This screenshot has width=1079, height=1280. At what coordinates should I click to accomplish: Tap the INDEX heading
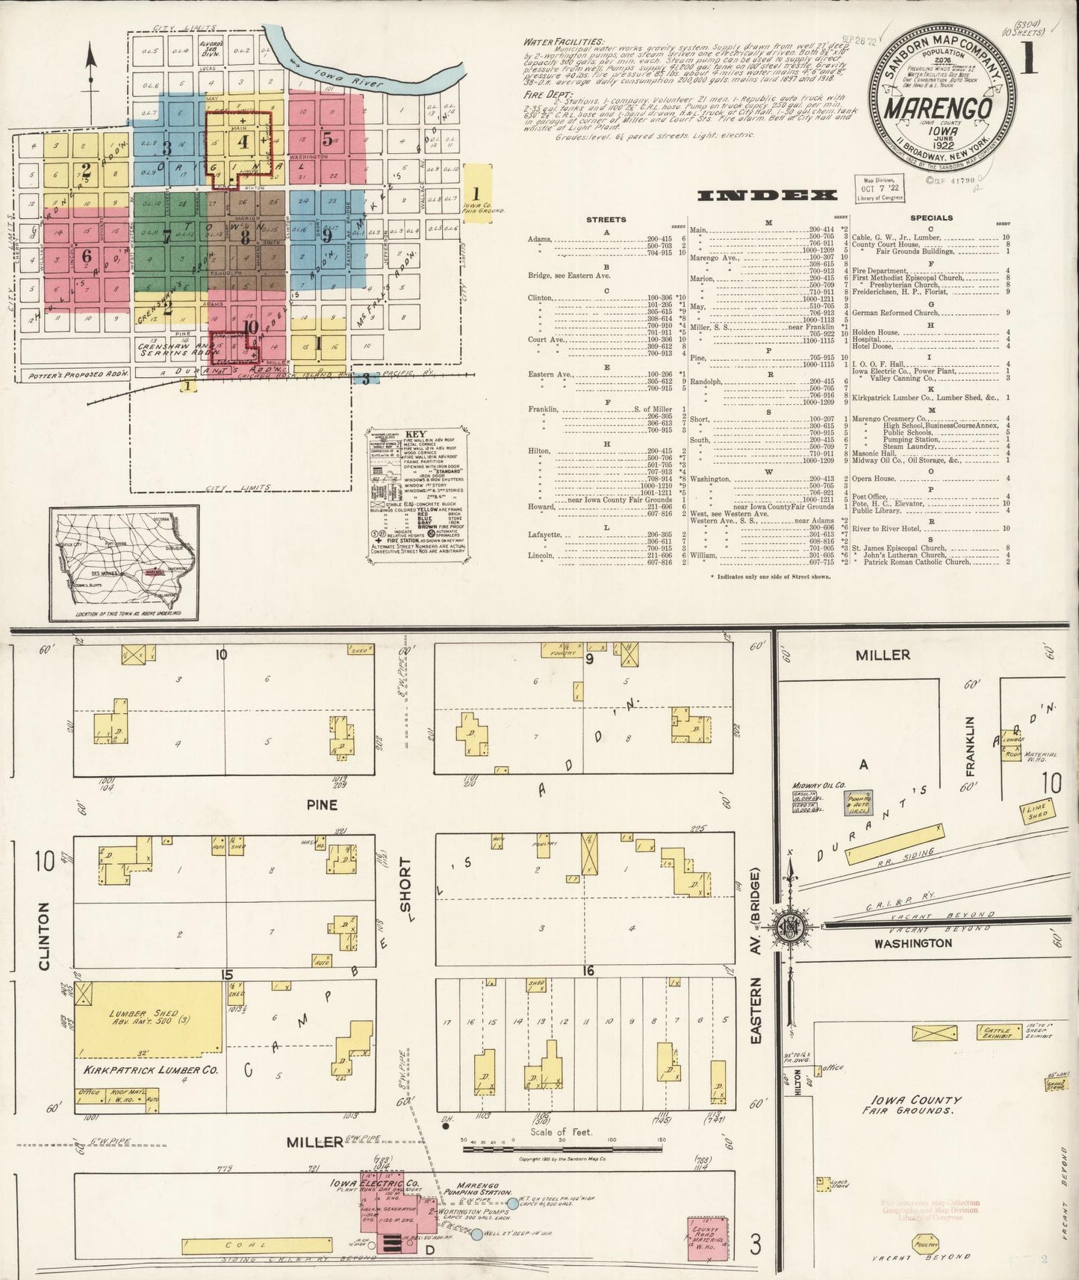[766, 196]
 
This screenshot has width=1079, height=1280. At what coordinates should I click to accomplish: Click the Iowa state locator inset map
[124, 562]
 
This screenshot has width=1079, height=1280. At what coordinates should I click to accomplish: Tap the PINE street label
[322, 804]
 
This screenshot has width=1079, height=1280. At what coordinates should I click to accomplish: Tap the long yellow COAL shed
[256, 1245]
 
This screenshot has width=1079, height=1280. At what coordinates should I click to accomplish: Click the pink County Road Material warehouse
[706, 1238]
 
